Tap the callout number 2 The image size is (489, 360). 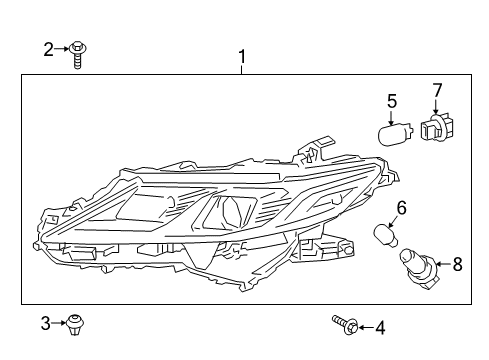pyautogui.click(x=48, y=48)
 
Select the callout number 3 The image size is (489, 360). pyautogui.click(x=46, y=323)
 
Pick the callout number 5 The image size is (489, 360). pyautogui.click(x=392, y=100)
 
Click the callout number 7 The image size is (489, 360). pyautogui.click(x=436, y=91)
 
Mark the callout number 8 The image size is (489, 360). pyautogui.click(x=459, y=264)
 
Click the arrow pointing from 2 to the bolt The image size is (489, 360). pyautogui.click(x=63, y=48)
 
